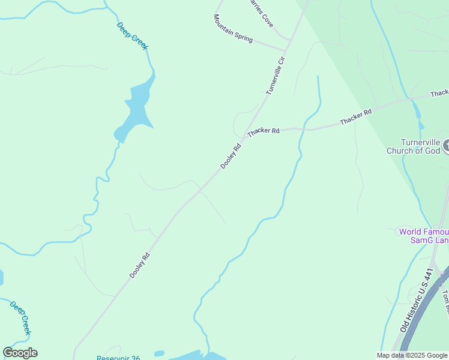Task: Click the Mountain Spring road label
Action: point(233,28)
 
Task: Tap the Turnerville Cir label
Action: point(275,75)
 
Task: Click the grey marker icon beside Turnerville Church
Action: point(445,145)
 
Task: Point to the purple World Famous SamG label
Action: point(424,236)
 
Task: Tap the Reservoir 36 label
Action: point(118,358)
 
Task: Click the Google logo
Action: point(20,353)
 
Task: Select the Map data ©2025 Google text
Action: point(412,355)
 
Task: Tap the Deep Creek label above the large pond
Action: point(132,37)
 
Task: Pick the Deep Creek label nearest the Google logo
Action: point(20,317)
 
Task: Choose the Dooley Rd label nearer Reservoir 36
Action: point(139,265)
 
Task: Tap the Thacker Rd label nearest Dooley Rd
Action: point(264,131)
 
